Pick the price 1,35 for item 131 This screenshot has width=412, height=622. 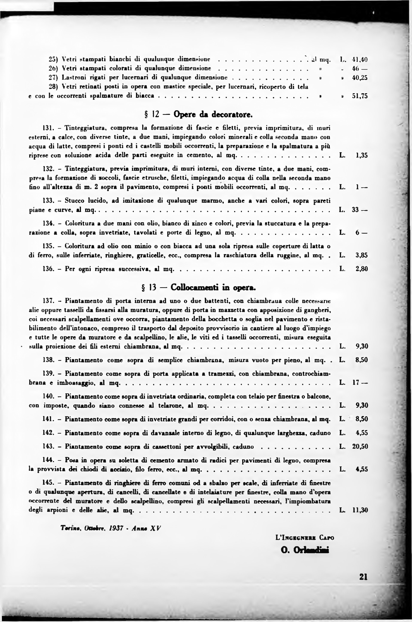click(362, 155)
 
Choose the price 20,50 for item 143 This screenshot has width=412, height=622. click(360, 447)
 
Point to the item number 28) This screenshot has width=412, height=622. click(54, 87)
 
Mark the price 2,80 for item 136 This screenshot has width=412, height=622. click(362, 269)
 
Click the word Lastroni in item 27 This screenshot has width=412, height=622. click(71, 77)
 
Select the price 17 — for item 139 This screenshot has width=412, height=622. click(360, 383)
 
